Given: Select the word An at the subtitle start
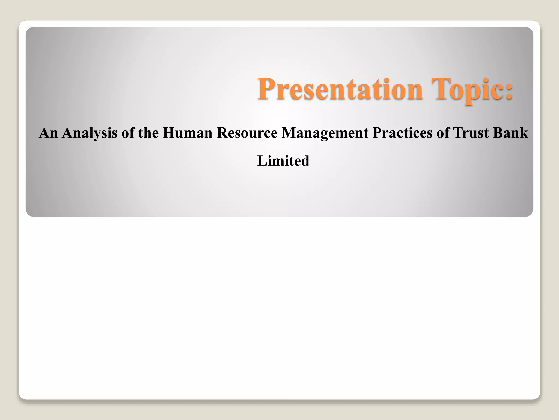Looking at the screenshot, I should (x=48, y=133).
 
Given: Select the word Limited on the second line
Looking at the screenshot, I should (x=283, y=161).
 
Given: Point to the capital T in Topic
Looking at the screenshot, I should (x=440, y=89).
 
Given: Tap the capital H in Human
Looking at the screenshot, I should (x=169, y=133).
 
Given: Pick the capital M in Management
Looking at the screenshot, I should (x=288, y=133).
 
